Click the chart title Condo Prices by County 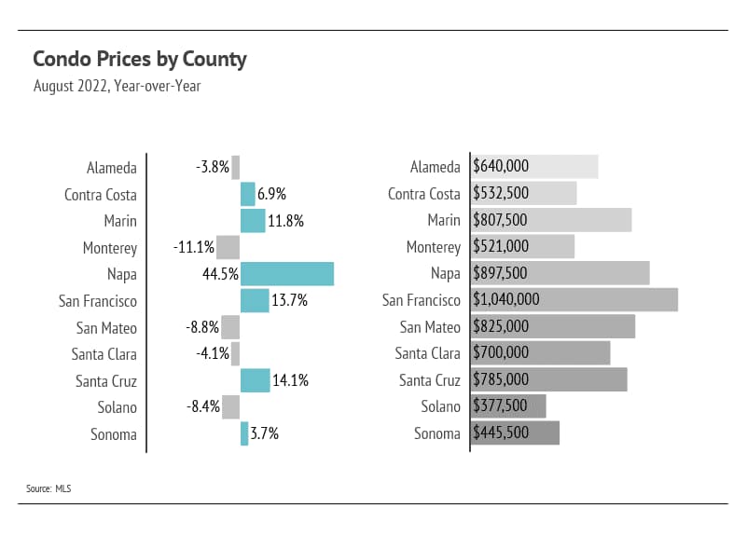[x=140, y=60]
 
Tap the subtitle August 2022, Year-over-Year [x=117, y=87]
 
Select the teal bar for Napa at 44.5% [x=286, y=274]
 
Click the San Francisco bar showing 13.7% [x=255, y=300]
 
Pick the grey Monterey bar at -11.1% [x=228, y=247]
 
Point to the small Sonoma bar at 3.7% [x=244, y=433]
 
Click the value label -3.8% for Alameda [x=212, y=168]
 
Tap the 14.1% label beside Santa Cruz [x=291, y=380]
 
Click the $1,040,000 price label [x=506, y=300]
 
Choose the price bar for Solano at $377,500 [x=508, y=406]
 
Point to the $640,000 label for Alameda [x=501, y=167]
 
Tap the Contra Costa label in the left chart [x=101, y=195]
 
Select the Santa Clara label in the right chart [x=427, y=353]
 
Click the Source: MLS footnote [x=48, y=488]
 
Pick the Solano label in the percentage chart [x=117, y=407]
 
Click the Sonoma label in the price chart [x=437, y=433]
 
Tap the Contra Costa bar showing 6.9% [x=247, y=194]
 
